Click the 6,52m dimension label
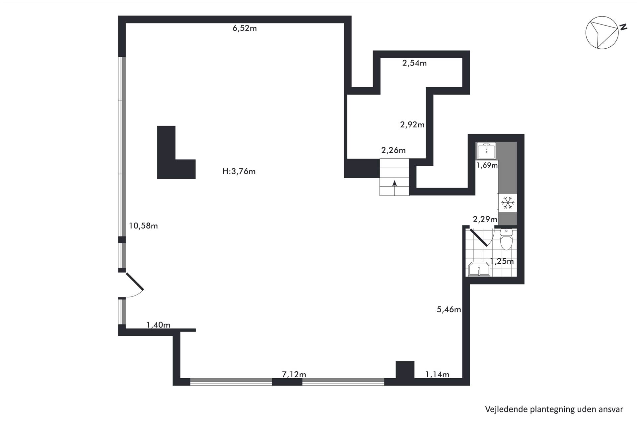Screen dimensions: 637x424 (245, 28)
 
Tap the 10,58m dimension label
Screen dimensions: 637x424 (143, 226)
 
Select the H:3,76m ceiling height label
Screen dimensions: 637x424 (239, 171)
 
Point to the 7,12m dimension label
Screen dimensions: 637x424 (294, 374)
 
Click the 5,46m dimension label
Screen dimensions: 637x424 (449, 309)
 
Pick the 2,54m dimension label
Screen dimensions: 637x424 (414, 63)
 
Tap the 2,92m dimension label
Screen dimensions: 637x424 (412, 125)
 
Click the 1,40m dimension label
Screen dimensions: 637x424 (158, 325)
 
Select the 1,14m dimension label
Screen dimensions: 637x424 (437, 374)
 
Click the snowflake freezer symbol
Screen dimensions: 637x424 (508, 202)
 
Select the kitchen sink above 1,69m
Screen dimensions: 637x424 (486, 151)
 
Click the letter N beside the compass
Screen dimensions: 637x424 (623, 27)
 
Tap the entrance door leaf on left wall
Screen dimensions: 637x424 (134, 281)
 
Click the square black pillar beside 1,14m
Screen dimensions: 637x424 (405, 370)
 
